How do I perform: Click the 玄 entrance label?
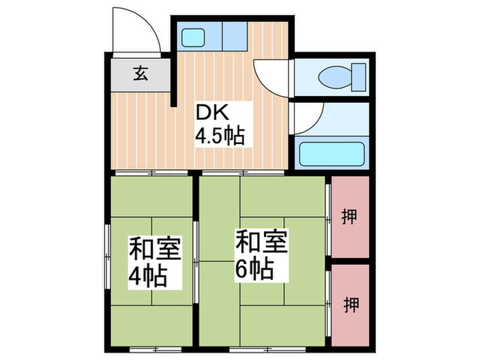[140, 73]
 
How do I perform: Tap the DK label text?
[212, 112]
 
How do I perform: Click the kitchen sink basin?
[193, 36]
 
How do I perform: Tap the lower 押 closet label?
[350, 303]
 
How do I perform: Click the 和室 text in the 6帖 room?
[261, 242]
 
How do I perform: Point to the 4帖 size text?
[149, 277]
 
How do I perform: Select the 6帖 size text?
[255, 268]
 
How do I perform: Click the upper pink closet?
[349, 216]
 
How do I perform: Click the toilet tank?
[358, 76]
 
